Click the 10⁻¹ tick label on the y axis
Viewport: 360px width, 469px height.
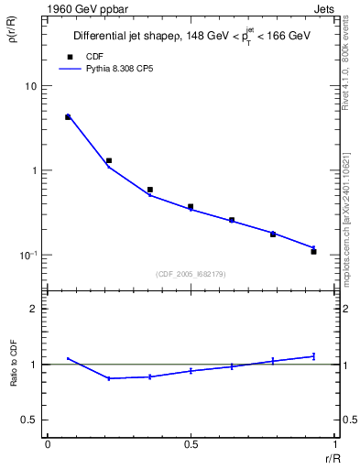27,256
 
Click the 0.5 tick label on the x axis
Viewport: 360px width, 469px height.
191,443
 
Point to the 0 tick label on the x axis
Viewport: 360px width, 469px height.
48,443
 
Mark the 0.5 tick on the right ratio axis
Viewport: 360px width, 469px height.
342,420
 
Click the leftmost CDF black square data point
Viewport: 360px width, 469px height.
68,117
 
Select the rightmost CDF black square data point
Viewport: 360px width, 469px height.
313,251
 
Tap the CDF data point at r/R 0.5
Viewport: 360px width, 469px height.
191,207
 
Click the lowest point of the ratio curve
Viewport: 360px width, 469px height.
109,378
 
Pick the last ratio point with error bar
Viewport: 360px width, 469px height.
313,355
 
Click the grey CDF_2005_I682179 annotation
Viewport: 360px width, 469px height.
191,273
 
